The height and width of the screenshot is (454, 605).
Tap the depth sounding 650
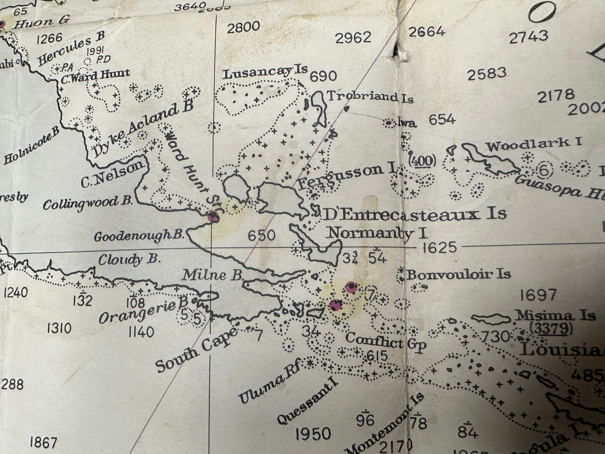pos(261,235)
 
